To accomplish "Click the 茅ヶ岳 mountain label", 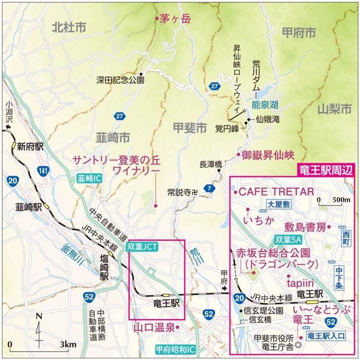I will click(176, 19).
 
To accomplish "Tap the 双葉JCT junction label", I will click(142, 247).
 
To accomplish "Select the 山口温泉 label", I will click(153, 327).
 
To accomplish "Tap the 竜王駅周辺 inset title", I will click(324, 169).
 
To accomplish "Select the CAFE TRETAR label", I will click(276, 192).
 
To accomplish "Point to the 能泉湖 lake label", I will click(265, 104).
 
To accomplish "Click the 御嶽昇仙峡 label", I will click(268, 155).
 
